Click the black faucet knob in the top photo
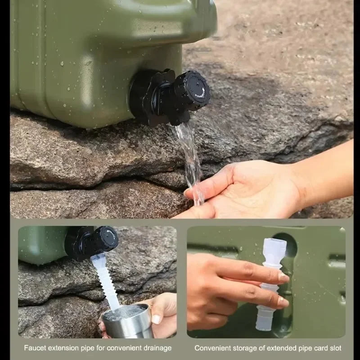tap(193, 92)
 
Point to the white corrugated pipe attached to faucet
tap(105, 279)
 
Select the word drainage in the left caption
tap(156, 348)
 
